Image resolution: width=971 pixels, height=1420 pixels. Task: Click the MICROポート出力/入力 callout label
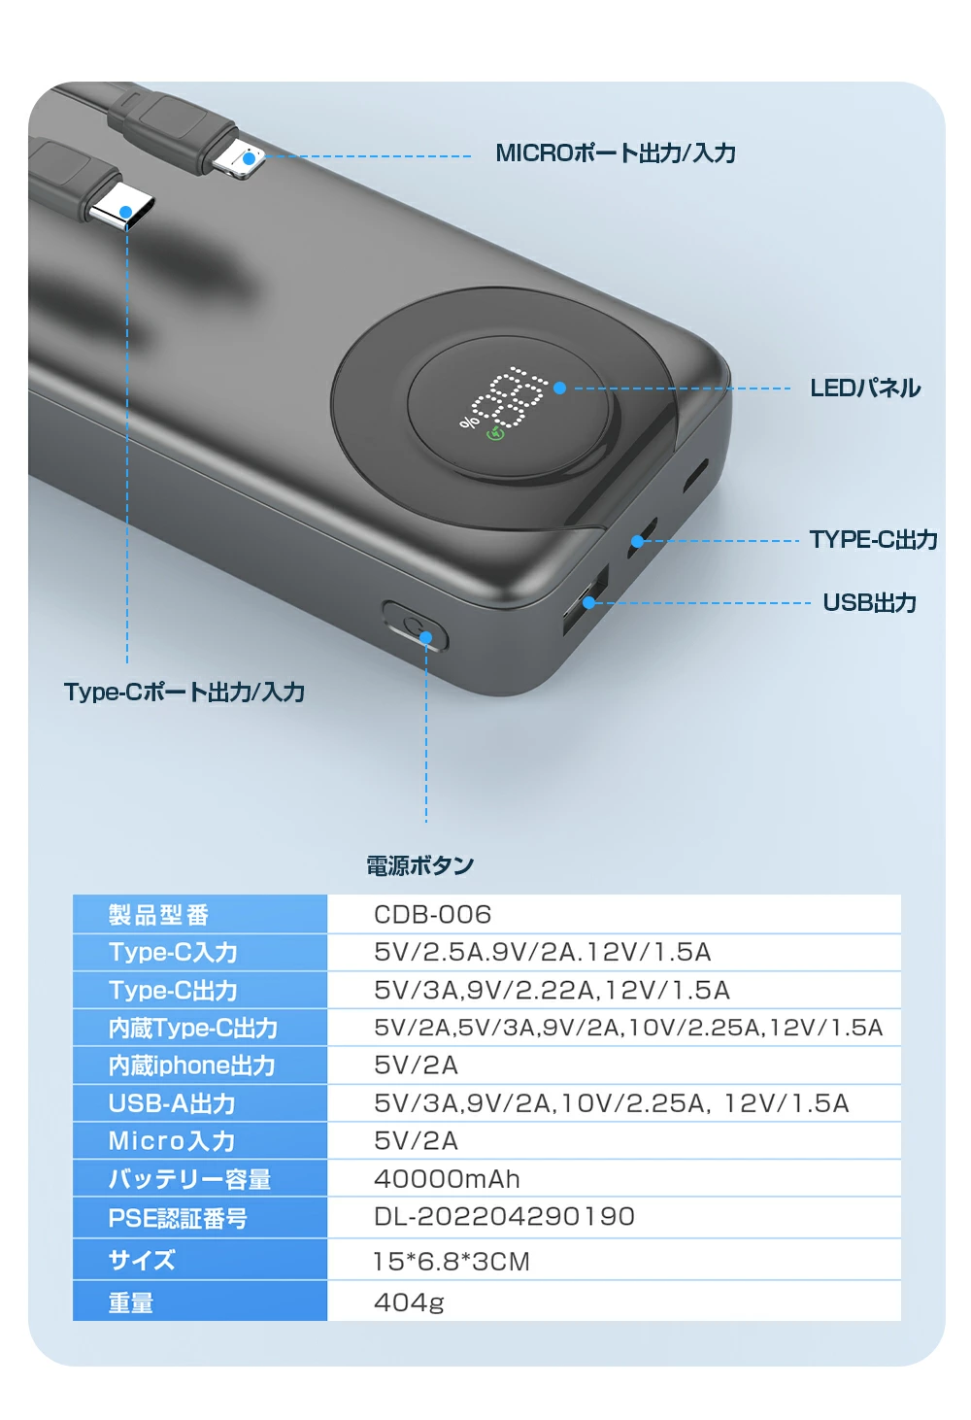pos(616,153)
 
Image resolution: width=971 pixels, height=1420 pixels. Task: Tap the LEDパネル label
pos(864,389)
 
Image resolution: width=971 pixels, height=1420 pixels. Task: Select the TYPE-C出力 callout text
pos(873,540)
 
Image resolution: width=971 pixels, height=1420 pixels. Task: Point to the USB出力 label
pos(869,603)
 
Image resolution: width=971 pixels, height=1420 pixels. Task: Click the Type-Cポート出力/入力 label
pos(184,693)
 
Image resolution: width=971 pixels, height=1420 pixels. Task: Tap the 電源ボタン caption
pos(419,865)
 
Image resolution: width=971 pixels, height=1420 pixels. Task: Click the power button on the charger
pos(416,625)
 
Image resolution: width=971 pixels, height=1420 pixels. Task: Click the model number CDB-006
pos(432,915)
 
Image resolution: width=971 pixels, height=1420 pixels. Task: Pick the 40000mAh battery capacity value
pos(447,1179)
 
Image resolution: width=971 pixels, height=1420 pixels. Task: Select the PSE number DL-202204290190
pos(504,1217)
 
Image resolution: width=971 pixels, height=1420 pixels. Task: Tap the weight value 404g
pos(409,1302)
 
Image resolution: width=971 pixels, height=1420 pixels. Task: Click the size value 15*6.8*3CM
pos(452,1262)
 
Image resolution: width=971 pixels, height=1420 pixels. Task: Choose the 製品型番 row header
pos(158,915)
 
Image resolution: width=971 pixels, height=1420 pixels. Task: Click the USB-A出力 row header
pos(172,1103)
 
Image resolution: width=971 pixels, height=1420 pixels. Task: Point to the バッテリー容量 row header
pos(189,1179)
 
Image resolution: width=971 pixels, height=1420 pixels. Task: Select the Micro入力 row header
pos(172,1141)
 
